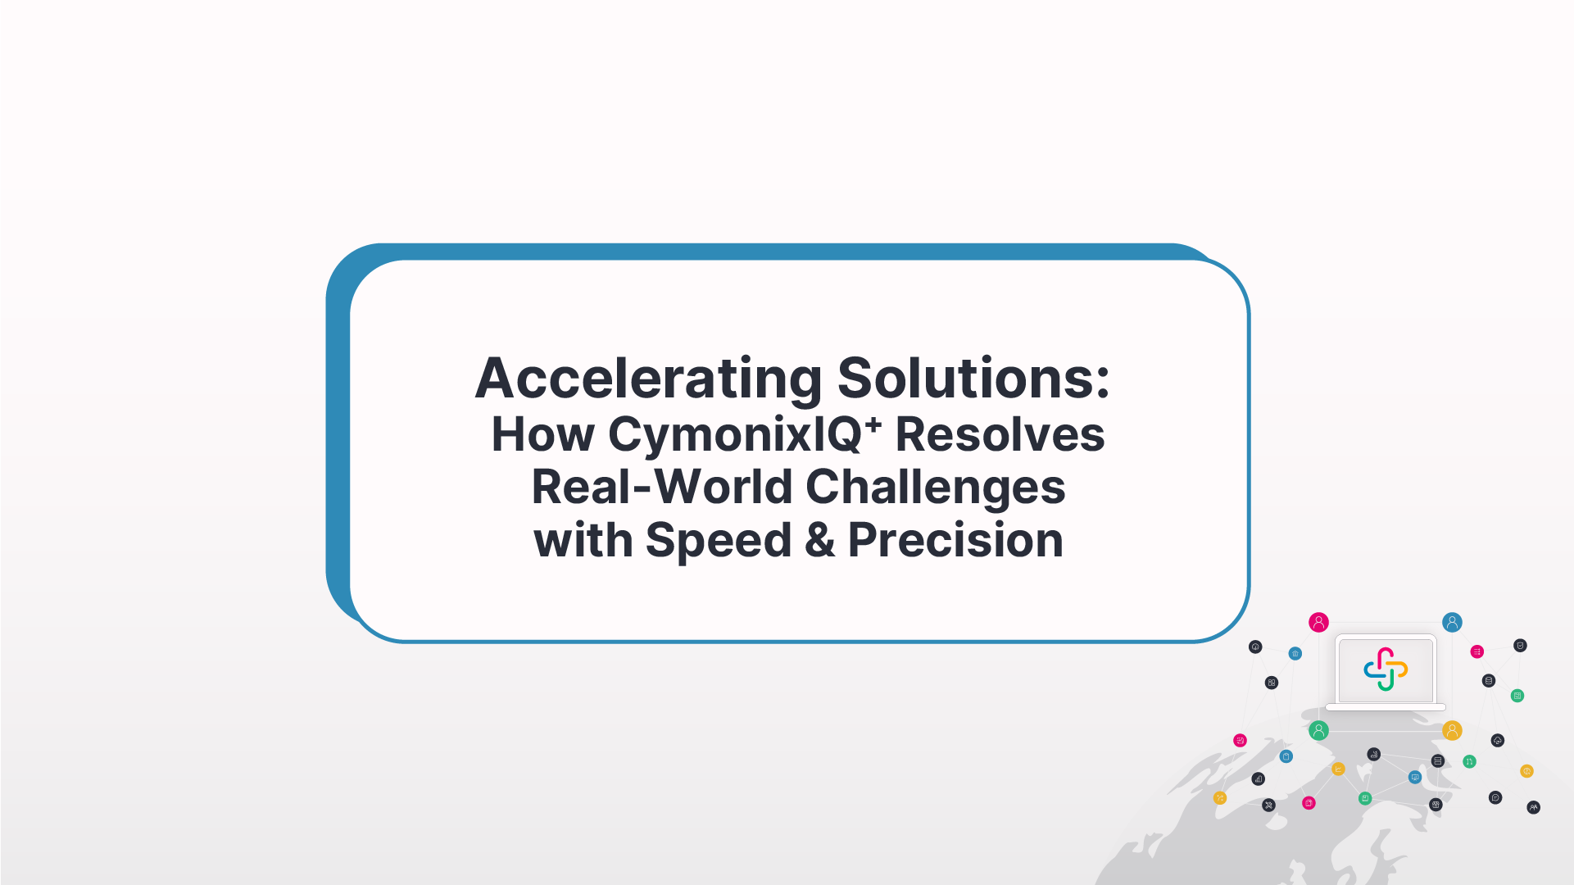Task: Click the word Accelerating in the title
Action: pos(648,379)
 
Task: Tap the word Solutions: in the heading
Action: pos(973,379)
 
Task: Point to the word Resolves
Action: pos(1000,434)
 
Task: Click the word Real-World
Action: pos(662,487)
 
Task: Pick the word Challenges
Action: pos(935,487)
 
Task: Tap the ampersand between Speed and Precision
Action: pos(819,541)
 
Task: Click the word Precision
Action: pos(955,541)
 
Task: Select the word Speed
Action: pos(719,541)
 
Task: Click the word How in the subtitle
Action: pos(542,434)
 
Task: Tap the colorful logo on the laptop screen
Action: pos(1386,669)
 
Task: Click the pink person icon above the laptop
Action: pos(1318,622)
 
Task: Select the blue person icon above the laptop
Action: pos(1452,622)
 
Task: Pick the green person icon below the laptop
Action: pos(1318,730)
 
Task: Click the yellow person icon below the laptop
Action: pos(1452,730)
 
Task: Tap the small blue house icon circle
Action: pos(1295,653)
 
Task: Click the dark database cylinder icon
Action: pos(1489,681)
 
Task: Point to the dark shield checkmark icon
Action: pos(1520,646)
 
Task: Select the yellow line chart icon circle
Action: pos(1338,769)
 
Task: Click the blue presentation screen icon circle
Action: pos(1415,777)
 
